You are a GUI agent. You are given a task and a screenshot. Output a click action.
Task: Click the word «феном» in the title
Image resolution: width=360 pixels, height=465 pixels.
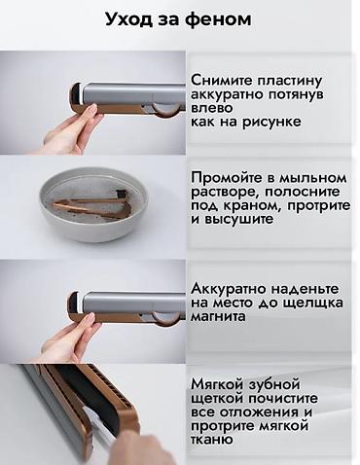[x=227, y=19]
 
